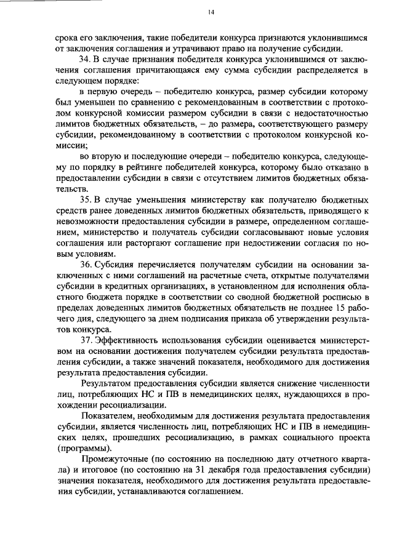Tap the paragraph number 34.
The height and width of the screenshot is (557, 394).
point(84,59)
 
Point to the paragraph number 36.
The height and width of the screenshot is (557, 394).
point(84,281)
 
